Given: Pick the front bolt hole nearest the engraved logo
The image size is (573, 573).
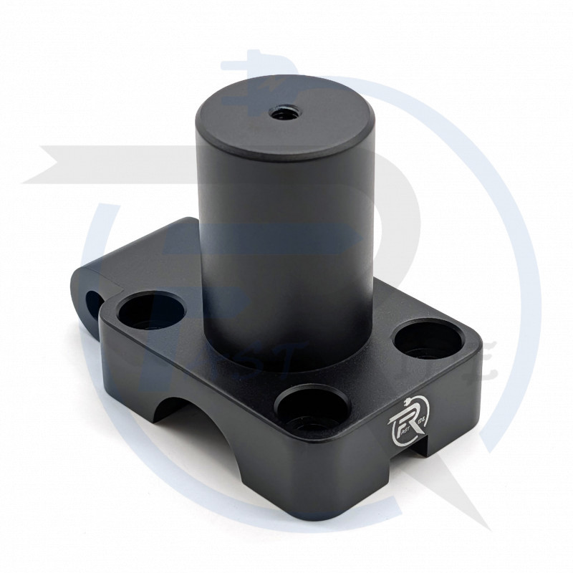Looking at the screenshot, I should pyautogui.click(x=309, y=412).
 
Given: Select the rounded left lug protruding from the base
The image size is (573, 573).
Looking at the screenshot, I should pyautogui.click(x=97, y=286).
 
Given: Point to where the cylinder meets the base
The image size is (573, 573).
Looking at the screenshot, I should pyautogui.click(x=286, y=358).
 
